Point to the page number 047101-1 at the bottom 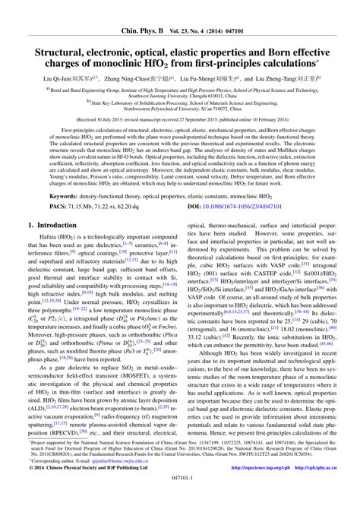[x=179, y=501]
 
